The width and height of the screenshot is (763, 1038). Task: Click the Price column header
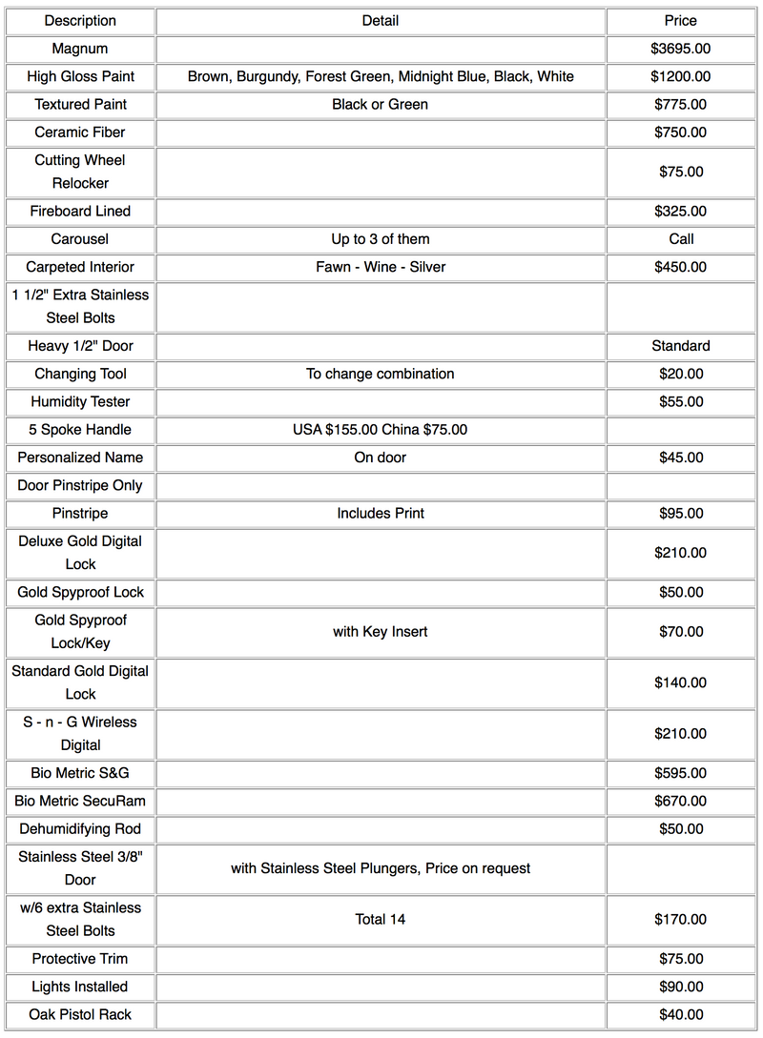pos(680,21)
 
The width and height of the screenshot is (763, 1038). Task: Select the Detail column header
pos(380,21)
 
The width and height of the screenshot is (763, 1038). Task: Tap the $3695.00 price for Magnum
pos(680,49)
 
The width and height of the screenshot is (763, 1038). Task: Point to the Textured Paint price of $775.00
pos(680,104)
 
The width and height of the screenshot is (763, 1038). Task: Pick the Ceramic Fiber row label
pos(80,132)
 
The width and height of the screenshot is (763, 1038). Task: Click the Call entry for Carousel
pos(681,239)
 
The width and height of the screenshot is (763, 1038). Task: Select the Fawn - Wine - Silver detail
pos(380,267)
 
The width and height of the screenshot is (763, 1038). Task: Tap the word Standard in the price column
pos(680,346)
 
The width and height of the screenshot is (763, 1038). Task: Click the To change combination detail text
pos(380,374)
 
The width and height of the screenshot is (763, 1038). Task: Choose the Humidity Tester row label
pos(80,402)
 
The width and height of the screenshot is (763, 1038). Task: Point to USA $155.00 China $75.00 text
pos(380,430)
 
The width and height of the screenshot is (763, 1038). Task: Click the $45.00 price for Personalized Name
pos(680,458)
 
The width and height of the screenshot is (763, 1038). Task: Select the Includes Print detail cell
pos(380,514)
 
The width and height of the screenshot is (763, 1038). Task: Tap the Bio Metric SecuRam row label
pos(80,802)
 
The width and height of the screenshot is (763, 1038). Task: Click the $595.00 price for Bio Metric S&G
pos(680,773)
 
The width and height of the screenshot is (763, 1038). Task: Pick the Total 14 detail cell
pos(380,920)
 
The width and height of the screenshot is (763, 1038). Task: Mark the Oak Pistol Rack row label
pos(80,1015)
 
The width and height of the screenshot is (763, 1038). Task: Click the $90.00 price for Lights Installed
pos(680,987)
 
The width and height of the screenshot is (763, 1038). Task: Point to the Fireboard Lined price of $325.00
pos(680,212)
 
